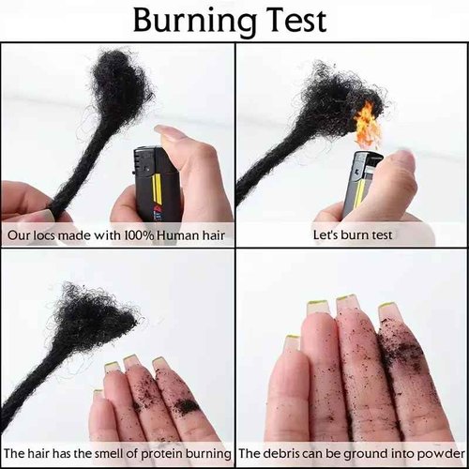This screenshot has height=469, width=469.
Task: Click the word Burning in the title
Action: [197, 22]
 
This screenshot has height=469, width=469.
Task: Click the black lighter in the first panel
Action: [156, 184]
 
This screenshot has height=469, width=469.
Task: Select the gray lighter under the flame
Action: [364, 185]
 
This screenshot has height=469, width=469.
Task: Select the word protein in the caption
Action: [162, 453]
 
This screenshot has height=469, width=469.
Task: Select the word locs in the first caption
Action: [45, 235]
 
